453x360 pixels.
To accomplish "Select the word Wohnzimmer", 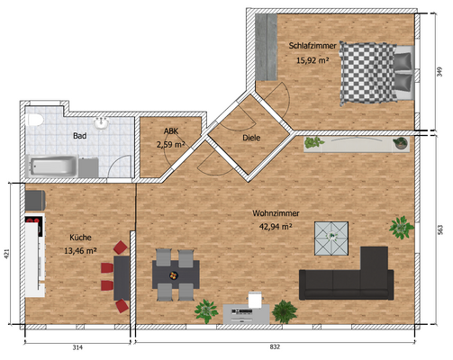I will click(276, 213).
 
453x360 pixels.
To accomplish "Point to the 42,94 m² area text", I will click(276, 228).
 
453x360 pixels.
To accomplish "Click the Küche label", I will click(81, 238).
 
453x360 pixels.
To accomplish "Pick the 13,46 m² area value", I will click(81, 252).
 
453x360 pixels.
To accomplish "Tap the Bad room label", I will click(80, 137).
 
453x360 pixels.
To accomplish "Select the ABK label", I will click(170, 130).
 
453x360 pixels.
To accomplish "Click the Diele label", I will click(251, 138).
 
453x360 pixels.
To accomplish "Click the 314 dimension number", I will click(77, 347).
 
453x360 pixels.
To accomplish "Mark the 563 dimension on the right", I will click(439, 228).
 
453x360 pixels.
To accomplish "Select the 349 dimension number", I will click(439, 72).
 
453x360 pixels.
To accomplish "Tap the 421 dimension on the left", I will click(6, 253).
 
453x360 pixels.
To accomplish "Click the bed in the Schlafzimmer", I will click(374, 73).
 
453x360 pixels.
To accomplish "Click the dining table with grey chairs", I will click(175, 273).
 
